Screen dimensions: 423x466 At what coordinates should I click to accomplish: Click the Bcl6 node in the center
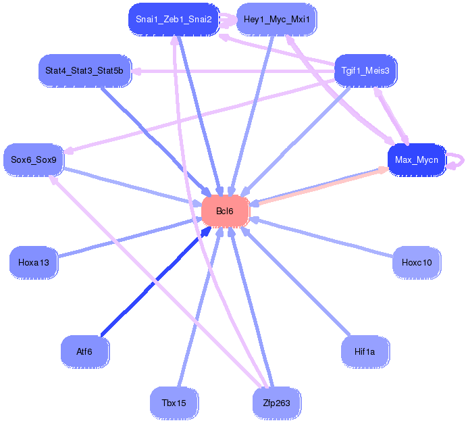point(225,211)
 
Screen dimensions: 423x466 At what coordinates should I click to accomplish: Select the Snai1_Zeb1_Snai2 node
point(174,20)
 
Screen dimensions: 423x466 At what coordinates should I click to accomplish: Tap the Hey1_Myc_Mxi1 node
point(276,20)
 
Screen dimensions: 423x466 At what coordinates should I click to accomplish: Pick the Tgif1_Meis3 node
point(366,70)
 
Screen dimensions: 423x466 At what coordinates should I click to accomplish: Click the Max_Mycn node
point(416,160)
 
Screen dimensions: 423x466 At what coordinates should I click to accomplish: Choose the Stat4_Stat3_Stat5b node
point(84,70)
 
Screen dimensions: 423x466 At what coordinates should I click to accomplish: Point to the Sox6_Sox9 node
point(34,160)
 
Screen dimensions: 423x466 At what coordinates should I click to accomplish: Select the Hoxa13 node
point(34,262)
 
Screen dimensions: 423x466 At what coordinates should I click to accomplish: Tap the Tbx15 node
point(174,403)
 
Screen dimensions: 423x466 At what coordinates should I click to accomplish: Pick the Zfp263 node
point(276,403)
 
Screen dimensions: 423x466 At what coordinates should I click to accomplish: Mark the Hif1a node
point(366,351)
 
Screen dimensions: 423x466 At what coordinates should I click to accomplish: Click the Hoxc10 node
point(416,262)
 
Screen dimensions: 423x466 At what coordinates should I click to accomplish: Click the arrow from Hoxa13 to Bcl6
point(128,237)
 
